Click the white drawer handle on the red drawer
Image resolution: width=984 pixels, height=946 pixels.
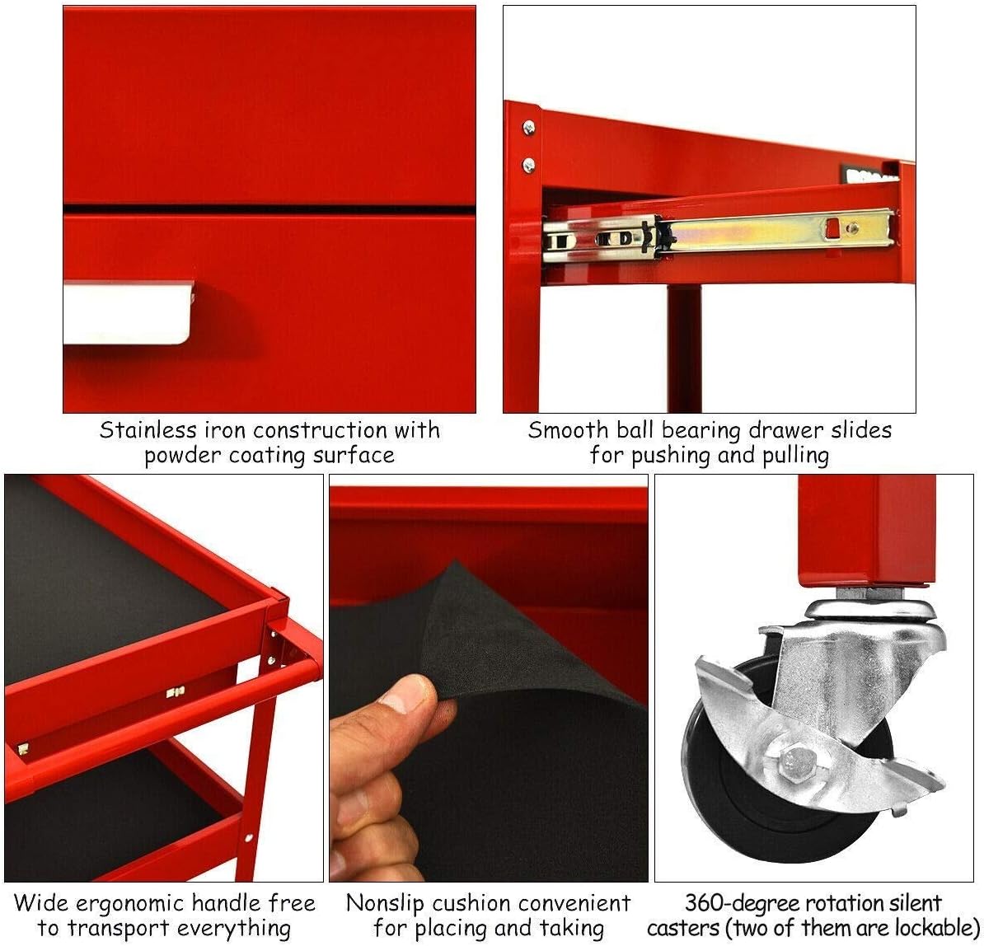coord(128,311)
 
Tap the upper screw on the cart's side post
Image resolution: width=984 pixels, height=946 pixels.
coord(528,128)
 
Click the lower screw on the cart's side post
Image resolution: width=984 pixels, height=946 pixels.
coord(528,163)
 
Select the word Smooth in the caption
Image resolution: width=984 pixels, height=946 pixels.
coord(568,430)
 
